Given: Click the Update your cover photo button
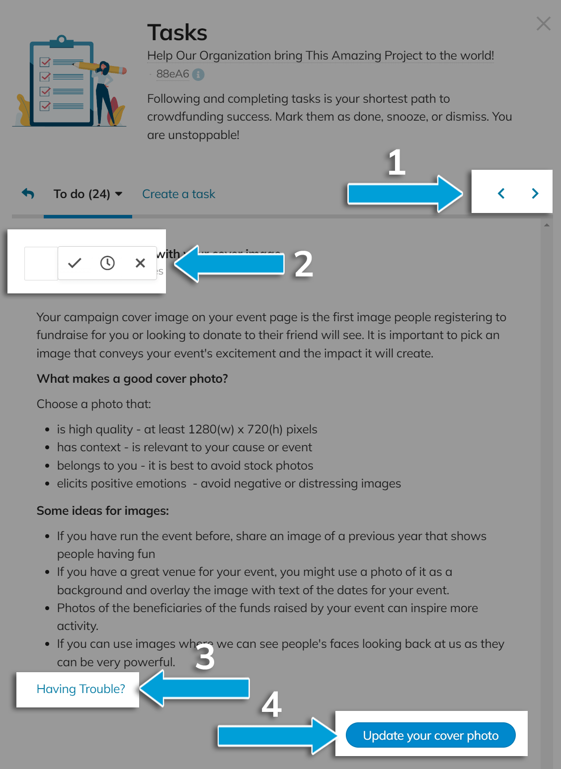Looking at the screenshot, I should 430,735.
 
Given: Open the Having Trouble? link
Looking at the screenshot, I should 80,689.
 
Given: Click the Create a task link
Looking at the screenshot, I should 178,194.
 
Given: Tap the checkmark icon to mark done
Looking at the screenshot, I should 75,263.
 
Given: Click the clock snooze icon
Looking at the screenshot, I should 107,263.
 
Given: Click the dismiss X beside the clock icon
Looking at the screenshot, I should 140,263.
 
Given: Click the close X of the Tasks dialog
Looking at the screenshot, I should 543,23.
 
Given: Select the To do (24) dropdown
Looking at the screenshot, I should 88,194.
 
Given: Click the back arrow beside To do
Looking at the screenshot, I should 28,194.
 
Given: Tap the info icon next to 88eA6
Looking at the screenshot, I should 198,74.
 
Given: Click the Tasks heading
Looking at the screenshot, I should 177,33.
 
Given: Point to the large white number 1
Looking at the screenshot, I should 397,162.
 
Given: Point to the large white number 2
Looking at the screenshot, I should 304,264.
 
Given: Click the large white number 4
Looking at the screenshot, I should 271,704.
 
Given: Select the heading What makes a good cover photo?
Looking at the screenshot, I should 132,379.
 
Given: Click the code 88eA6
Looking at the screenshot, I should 172,74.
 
